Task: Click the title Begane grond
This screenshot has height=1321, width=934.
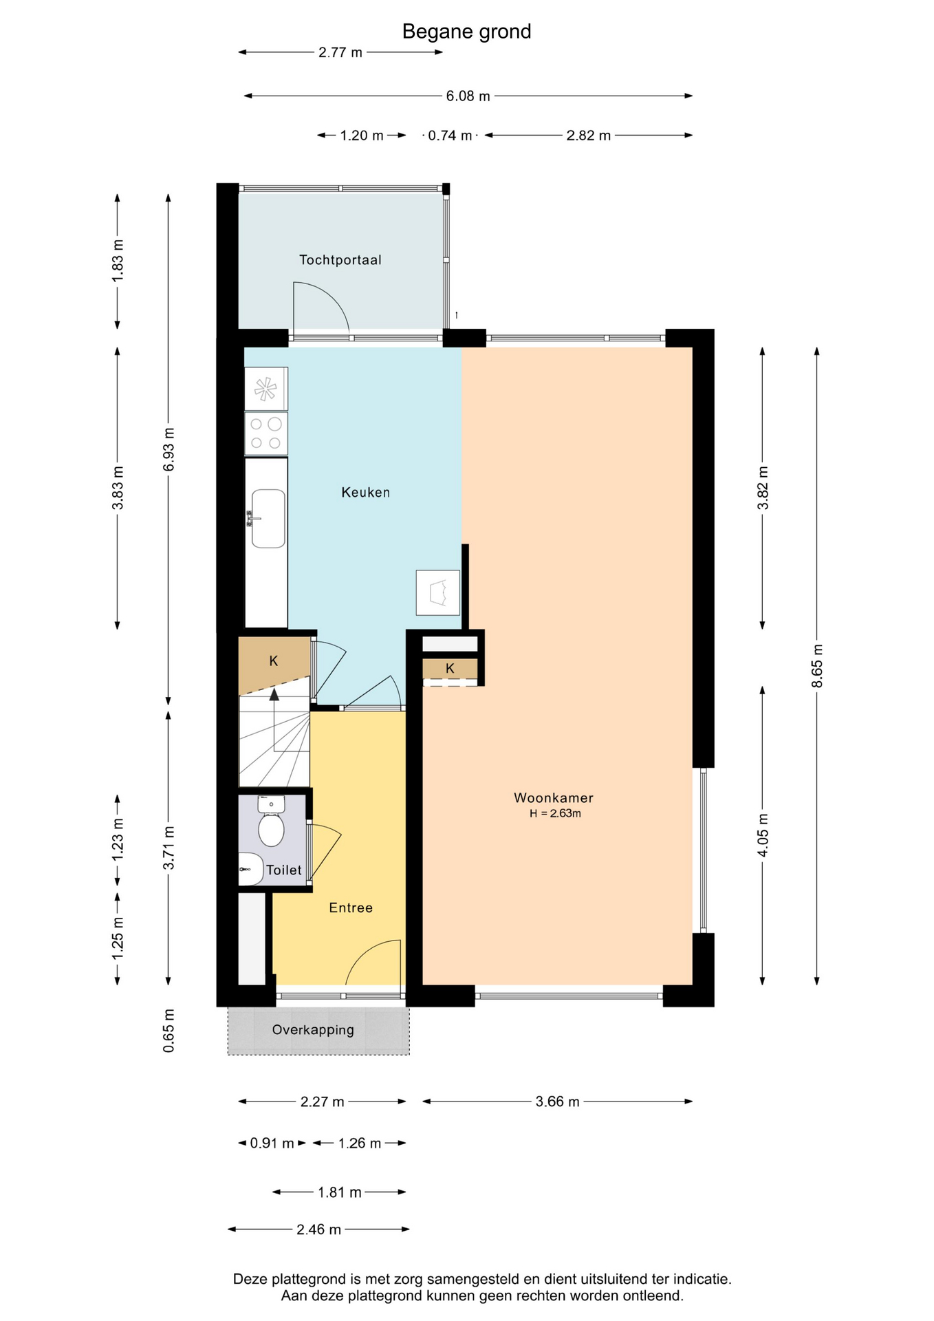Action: [466, 32]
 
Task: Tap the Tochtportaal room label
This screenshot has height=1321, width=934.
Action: [340, 260]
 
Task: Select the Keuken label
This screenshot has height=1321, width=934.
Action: [365, 493]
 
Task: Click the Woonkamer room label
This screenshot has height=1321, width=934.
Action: [553, 798]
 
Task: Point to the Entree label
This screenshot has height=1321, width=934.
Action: [351, 908]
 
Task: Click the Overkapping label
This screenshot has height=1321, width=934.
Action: [313, 1030]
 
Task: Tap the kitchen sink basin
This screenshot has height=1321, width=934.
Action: [268, 519]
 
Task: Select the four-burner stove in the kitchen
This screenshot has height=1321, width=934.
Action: [266, 433]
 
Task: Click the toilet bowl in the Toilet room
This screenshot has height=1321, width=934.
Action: [271, 830]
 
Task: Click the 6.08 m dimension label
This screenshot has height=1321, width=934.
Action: [468, 96]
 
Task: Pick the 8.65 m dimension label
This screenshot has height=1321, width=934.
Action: [817, 665]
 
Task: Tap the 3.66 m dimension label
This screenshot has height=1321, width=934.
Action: [557, 1102]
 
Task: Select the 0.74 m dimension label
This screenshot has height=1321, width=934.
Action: [450, 136]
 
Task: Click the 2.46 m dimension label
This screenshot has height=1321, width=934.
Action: [318, 1229]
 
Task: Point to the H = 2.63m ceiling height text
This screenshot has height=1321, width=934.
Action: [555, 813]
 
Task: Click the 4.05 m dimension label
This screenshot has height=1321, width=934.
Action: [763, 835]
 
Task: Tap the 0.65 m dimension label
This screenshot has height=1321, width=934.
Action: [169, 1031]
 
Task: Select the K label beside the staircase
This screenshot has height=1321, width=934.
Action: [274, 661]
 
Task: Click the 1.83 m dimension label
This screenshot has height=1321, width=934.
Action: [118, 259]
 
